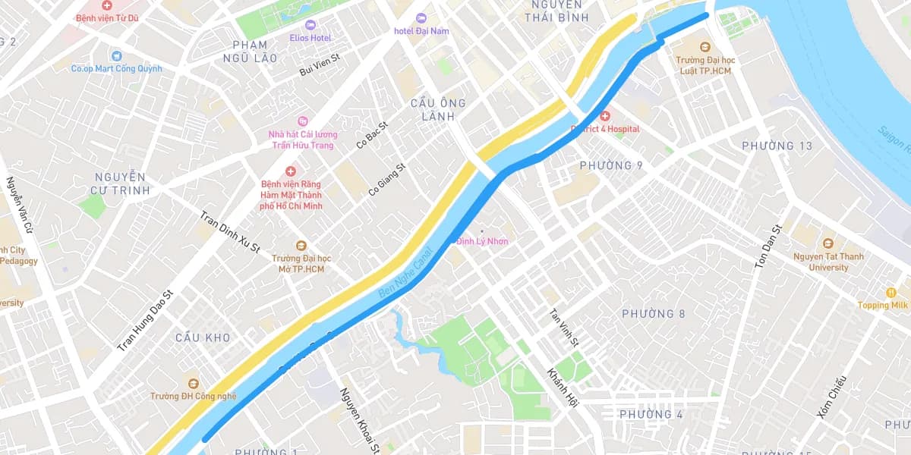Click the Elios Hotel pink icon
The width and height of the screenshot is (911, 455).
[310, 25]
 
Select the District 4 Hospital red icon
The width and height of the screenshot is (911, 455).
[605, 116]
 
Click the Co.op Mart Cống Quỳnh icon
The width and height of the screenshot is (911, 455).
[115, 55]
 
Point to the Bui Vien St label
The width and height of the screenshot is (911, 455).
[319, 71]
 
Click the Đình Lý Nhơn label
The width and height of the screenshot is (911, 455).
[483, 241]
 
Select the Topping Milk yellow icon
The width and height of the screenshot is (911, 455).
[891, 293]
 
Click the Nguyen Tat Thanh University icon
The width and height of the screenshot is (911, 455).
[828, 243]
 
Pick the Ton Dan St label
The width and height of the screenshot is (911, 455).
[768, 247]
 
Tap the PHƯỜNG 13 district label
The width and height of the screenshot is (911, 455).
[777, 146]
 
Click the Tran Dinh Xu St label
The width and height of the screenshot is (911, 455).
[230, 232]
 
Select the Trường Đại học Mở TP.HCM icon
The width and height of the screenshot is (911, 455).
[301, 245]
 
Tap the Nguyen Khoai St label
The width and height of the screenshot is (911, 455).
[359, 421]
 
